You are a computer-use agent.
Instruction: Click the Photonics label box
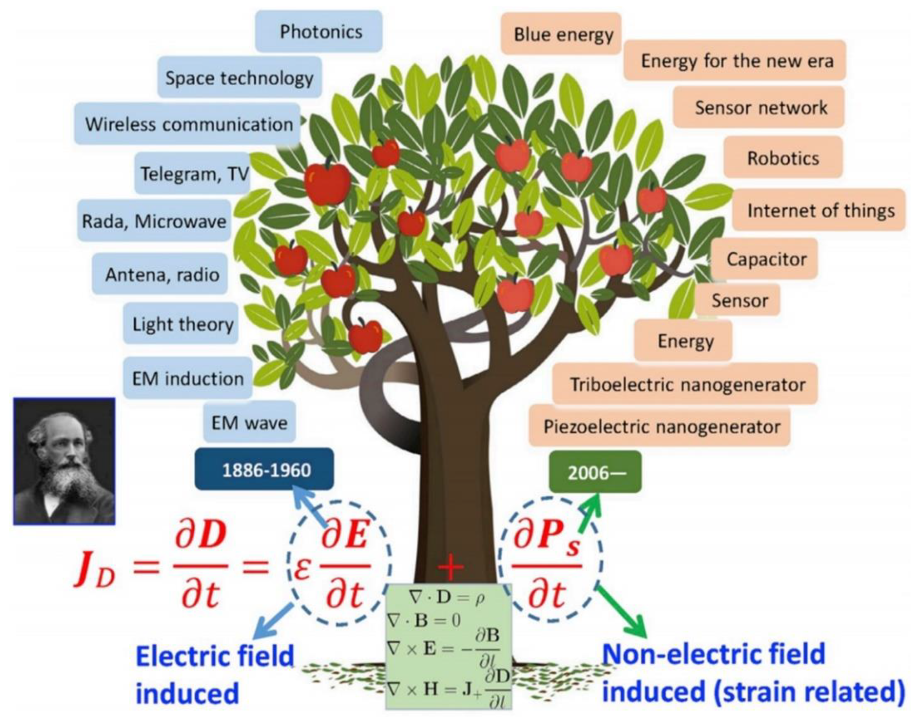coord(319,31)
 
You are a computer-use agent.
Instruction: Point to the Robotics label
coord(783,158)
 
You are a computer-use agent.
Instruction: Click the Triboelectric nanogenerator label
coord(685,384)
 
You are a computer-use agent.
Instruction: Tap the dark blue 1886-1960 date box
coord(265,469)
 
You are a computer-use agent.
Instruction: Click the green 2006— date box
coord(596,472)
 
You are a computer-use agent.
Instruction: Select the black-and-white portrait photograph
coord(64,461)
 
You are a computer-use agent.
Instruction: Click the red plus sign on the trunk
coord(451,567)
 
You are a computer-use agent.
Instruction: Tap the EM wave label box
coord(250,422)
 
